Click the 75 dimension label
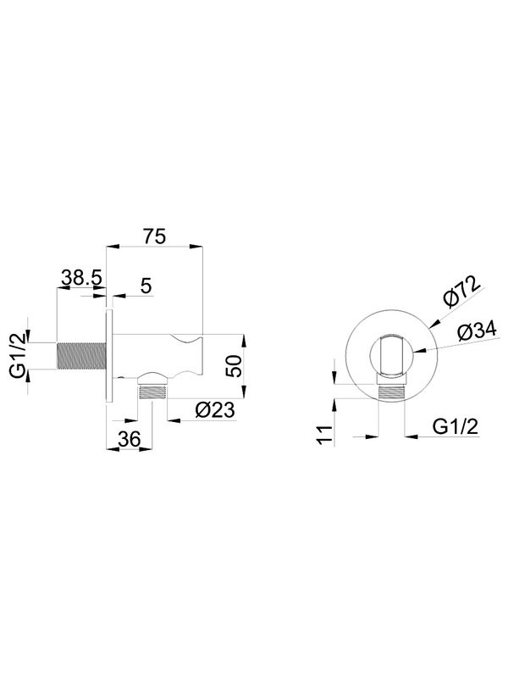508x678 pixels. pos(155,236)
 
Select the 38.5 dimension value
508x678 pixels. pos(81,277)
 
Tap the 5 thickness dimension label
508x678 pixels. pos(146,286)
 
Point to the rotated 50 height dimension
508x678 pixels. pos(235,366)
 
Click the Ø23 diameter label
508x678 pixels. pos(214,410)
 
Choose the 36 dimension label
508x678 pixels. pos(130,439)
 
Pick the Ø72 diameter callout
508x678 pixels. pos(461,292)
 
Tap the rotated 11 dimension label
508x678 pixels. pos(325,434)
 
